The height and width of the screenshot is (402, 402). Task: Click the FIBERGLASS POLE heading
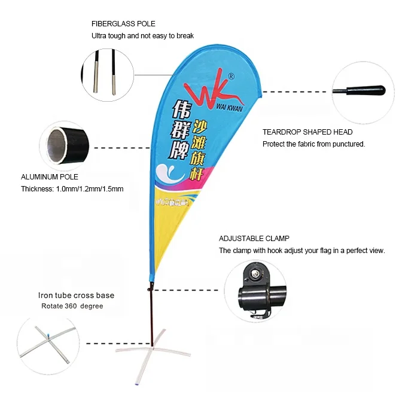pos(123,24)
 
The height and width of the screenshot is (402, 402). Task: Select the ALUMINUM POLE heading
pos(50,177)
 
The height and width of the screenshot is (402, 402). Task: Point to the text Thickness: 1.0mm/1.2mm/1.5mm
pos(72,189)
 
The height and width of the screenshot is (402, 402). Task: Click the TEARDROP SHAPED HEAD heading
pos(307,132)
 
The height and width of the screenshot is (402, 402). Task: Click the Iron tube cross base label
pos(76,296)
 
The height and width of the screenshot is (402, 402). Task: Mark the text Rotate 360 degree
pos(72,306)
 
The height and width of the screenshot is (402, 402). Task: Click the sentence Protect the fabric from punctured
pos(313,144)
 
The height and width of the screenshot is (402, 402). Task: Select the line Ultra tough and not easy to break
pos(142,36)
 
